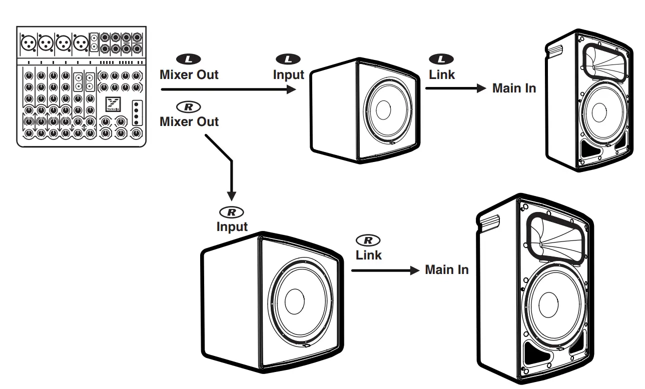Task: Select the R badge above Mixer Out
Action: click(189, 106)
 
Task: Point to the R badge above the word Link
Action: click(368, 240)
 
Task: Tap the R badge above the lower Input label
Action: click(231, 212)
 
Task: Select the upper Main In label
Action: click(514, 88)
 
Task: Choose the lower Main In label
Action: click(446, 270)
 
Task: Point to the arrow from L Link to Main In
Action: click(455, 89)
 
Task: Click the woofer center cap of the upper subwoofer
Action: click(384, 110)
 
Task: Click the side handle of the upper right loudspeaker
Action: click(556, 49)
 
